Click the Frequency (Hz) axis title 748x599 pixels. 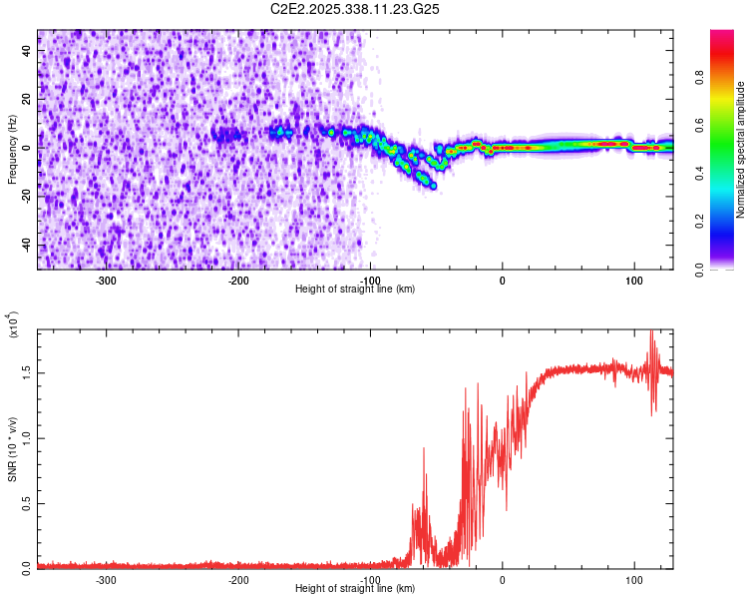[x=11, y=150]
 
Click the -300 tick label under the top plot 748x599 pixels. [x=106, y=281]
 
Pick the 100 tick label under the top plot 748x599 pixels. [x=633, y=281]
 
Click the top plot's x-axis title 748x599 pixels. [x=355, y=290]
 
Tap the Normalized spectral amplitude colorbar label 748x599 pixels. [x=741, y=150]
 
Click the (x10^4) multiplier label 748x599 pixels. [x=14, y=325]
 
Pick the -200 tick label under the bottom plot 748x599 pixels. [x=237, y=580]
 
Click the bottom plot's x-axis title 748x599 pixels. [x=355, y=589]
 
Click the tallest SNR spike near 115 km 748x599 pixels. [x=651, y=332]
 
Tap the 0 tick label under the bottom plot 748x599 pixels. [x=502, y=580]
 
